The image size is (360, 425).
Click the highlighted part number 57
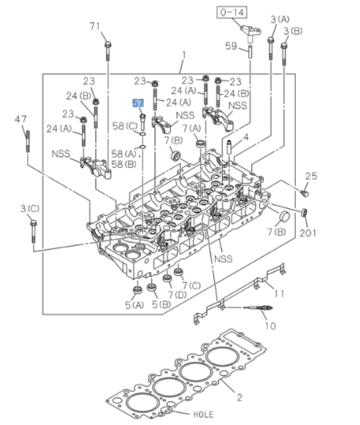pyautogui.click(x=138, y=103)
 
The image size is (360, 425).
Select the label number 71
pyautogui.click(x=94, y=25)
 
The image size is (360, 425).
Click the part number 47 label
pyautogui.click(x=21, y=119)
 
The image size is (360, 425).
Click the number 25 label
pyautogui.click(x=310, y=177)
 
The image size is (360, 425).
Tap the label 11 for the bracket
pyautogui.click(x=279, y=294)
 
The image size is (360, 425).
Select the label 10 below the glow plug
pyautogui.click(x=269, y=326)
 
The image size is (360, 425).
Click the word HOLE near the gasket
pyautogui.click(x=203, y=414)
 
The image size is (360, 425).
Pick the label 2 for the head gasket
pyautogui.click(x=239, y=397)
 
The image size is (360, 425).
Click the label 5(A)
pyautogui.click(x=133, y=305)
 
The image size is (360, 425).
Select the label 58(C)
pyautogui.click(x=125, y=125)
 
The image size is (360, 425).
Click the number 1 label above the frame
pyautogui.click(x=183, y=55)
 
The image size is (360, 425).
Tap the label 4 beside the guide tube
pyautogui.click(x=246, y=137)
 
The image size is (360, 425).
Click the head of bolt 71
pyautogui.click(x=107, y=45)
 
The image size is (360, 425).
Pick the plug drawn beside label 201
pyautogui.click(x=305, y=213)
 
